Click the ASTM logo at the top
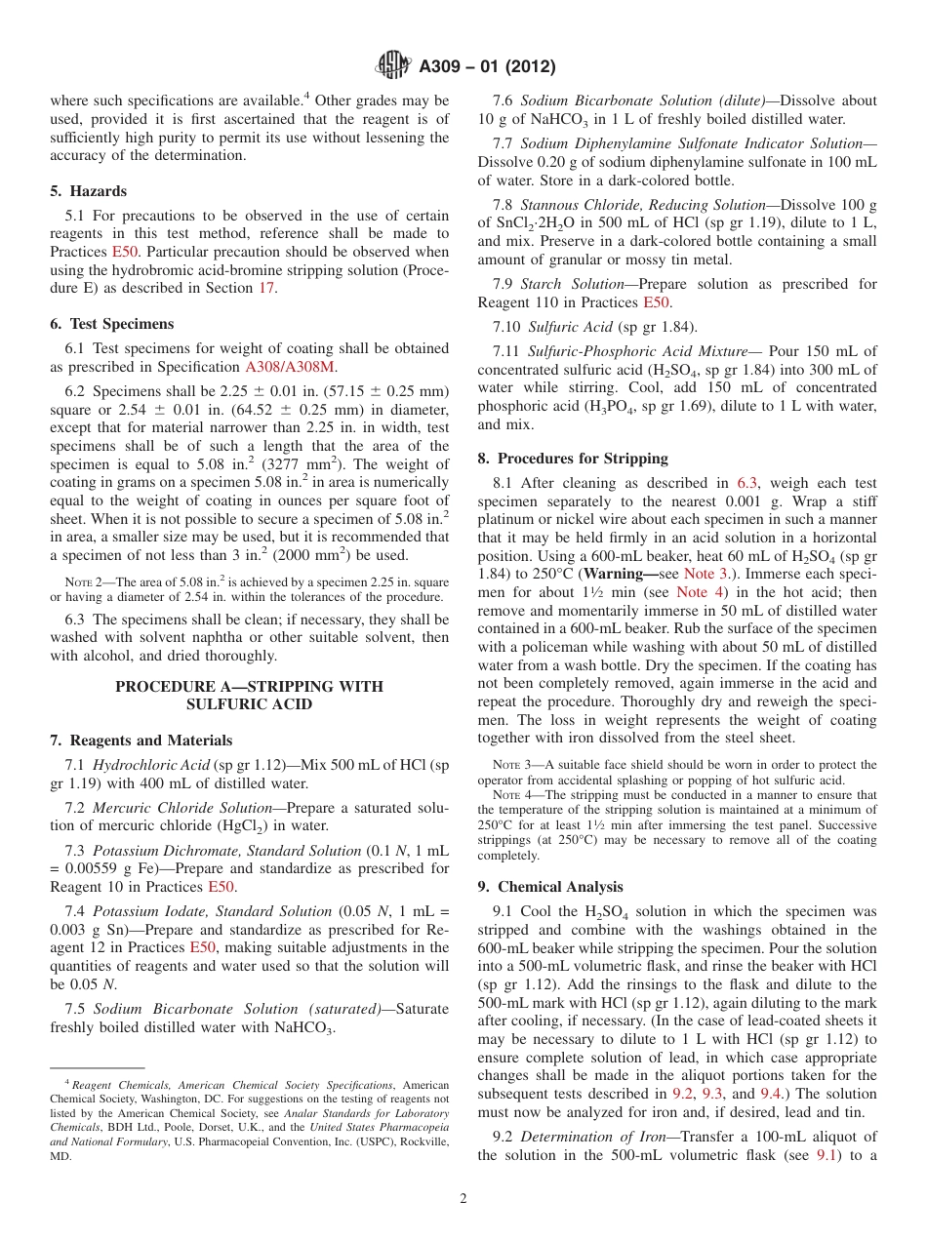pos(393,66)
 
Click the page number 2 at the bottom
pos(463,1199)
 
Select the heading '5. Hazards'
pos(88,191)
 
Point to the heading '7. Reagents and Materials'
pos(141,741)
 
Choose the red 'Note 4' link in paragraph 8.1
pos(700,592)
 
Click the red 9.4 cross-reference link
pos(771,1094)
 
